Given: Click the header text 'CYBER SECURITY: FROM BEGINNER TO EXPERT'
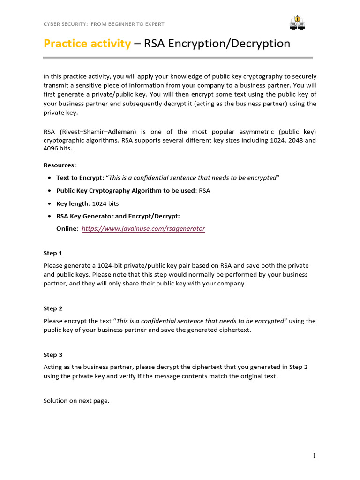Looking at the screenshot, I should tap(104, 24).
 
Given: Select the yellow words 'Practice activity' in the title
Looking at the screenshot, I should tap(87, 44).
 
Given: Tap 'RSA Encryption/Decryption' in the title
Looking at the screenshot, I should tap(217, 44).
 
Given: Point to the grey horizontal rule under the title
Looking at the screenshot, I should tap(178, 58).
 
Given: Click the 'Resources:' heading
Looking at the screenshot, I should tap(60, 165).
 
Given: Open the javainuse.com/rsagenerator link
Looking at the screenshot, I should tap(143, 229).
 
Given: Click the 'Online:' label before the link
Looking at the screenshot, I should tap(67, 229).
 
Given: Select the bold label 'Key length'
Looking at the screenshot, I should tap(72, 203).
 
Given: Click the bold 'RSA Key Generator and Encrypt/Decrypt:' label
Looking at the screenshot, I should tap(118, 216).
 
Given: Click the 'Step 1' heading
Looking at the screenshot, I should tap(53, 253).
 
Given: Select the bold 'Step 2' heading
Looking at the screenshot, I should tap(53, 308).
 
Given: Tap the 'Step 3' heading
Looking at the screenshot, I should tap(53, 355).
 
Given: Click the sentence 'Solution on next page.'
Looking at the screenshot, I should tap(76, 401).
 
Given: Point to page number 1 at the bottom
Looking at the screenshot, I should tap(315, 455).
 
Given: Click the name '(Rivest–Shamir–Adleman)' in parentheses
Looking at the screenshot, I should tap(97, 132).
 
